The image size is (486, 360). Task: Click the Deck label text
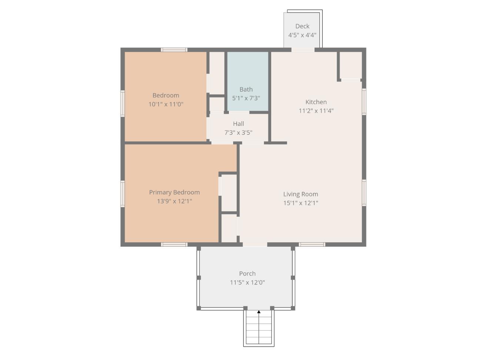pyautogui.click(x=302, y=26)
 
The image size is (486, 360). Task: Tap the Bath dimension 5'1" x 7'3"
pyautogui.click(x=246, y=98)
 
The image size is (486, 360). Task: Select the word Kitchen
pyautogui.click(x=316, y=102)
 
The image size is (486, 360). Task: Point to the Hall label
pyautogui.click(x=239, y=124)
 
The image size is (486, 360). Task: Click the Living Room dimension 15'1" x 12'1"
pyautogui.click(x=300, y=203)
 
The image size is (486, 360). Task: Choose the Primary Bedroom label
pyautogui.click(x=174, y=192)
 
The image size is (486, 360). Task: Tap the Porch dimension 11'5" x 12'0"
pyautogui.click(x=247, y=282)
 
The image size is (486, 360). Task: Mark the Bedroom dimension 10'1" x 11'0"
pyautogui.click(x=166, y=104)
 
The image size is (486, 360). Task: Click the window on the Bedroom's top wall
pyautogui.click(x=174, y=50)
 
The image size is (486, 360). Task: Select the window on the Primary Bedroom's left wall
pyautogui.click(x=122, y=193)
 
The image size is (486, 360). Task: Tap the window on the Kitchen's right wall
pyautogui.click(x=364, y=101)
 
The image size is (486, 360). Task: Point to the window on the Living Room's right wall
pyautogui.click(x=364, y=192)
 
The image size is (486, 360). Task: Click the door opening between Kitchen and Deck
pyautogui.click(x=303, y=50)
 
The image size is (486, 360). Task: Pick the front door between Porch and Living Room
pyautogui.click(x=255, y=244)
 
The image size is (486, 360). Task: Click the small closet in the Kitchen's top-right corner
pyautogui.click(x=350, y=65)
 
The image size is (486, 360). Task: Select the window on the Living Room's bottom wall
pyautogui.click(x=312, y=244)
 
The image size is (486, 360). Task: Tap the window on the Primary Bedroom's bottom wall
pyautogui.click(x=174, y=244)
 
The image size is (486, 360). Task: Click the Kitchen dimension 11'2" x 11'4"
pyautogui.click(x=316, y=111)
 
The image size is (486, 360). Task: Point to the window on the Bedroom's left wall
pyautogui.click(x=122, y=104)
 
